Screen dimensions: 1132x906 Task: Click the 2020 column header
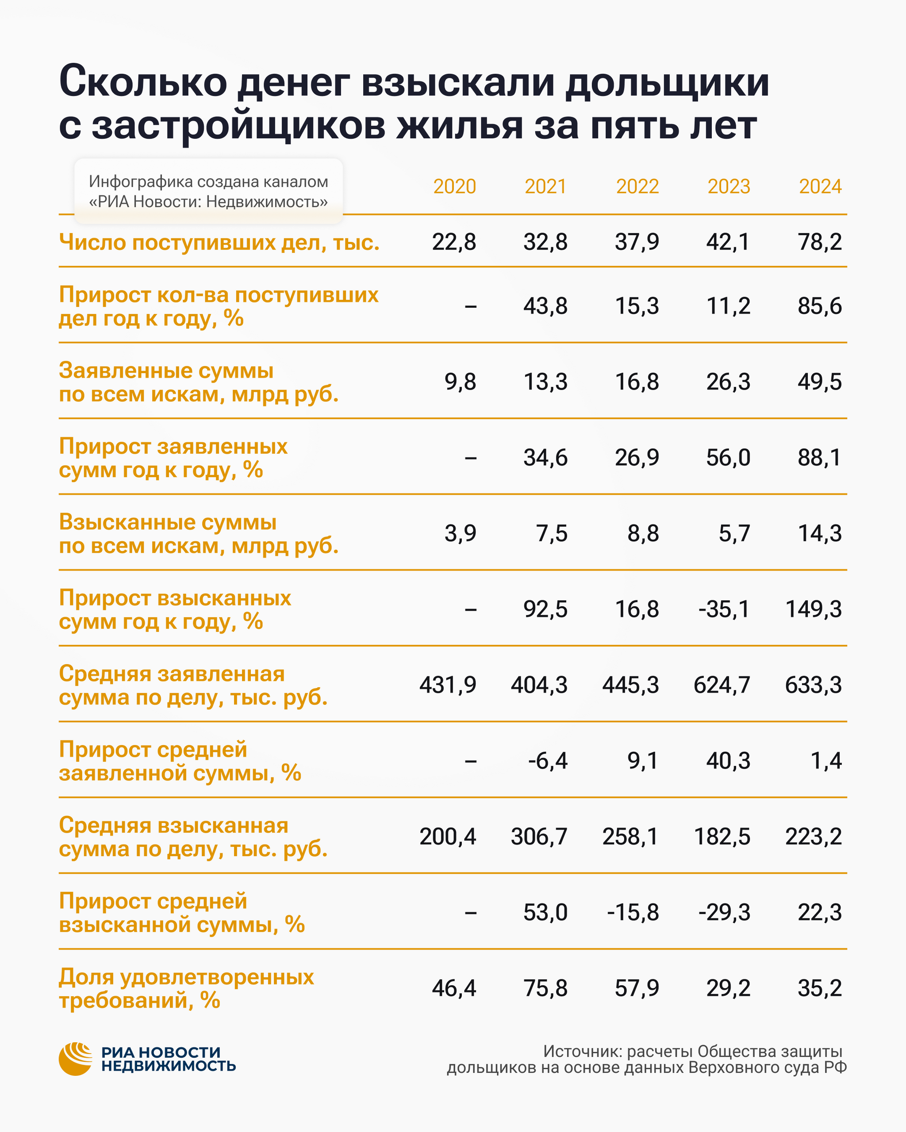(454, 187)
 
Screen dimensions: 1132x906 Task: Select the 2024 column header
(820, 187)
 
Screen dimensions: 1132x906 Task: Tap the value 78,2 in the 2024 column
(819, 242)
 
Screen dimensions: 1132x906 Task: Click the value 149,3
(813, 609)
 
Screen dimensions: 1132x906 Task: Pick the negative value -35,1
(724, 609)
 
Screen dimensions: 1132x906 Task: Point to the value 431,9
(448, 685)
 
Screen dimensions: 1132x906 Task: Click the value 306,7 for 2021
(539, 837)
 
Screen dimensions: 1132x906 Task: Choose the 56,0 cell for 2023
(728, 457)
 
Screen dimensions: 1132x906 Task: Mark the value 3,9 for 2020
(460, 533)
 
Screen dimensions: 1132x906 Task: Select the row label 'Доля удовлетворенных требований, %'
(186, 988)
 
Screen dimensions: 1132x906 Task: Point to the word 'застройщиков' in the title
(238, 126)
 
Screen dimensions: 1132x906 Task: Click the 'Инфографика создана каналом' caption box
(208, 191)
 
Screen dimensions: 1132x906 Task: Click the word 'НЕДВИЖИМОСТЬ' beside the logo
(168, 1065)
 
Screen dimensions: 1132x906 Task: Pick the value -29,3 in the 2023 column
(724, 913)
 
